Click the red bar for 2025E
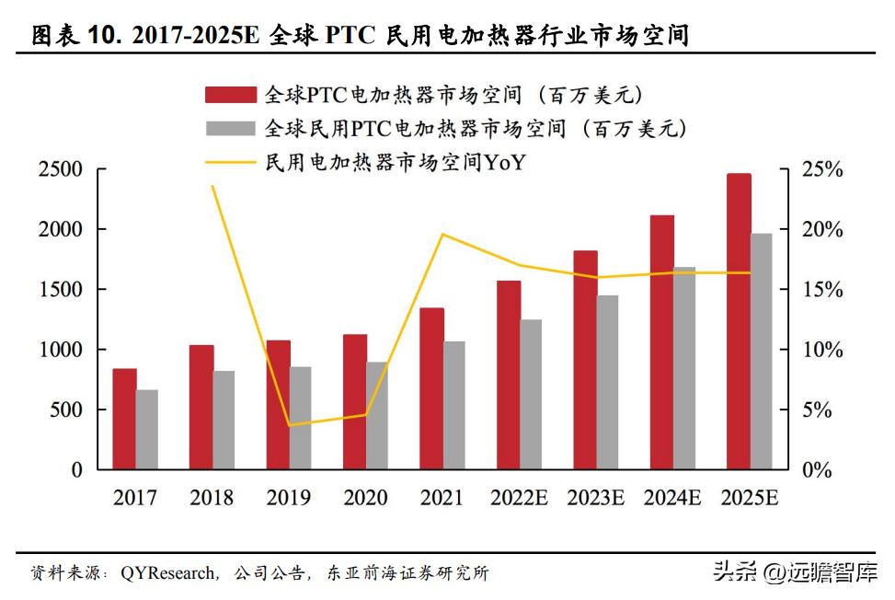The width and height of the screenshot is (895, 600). tap(739, 321)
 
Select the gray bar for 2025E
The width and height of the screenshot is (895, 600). tap(762, 352)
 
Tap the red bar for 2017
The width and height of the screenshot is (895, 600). tap(125, 419)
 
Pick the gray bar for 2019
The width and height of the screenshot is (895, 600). tap(301, 418)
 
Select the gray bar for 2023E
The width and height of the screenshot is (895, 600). tap(608, 382)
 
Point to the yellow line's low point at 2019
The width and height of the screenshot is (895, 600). tap(290, 425)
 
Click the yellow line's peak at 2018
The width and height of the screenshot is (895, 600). tap(213, 186)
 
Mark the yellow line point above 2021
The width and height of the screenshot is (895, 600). tap(442, 234)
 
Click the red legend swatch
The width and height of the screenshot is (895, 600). tap(231, 95)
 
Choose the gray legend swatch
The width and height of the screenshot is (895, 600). tap(231, 129)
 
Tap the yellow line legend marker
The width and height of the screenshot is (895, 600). tap(231, 163)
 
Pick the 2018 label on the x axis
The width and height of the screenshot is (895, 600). tap(212, 499)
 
